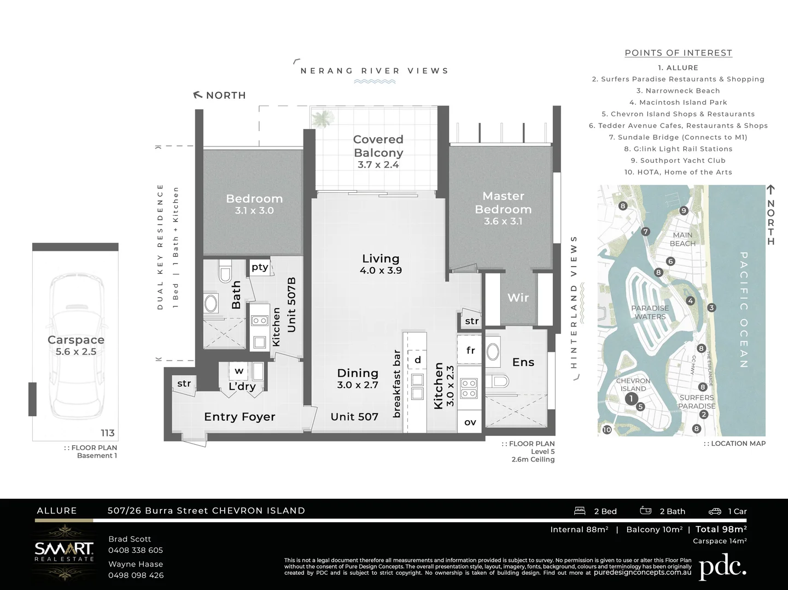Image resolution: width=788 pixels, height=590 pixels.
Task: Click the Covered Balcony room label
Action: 378,146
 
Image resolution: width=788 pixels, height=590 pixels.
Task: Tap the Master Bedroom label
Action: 503,203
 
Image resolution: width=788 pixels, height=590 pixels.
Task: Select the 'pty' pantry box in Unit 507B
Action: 260,267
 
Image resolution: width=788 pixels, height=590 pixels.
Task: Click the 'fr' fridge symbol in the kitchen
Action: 470,350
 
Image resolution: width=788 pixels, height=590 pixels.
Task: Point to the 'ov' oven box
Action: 470,422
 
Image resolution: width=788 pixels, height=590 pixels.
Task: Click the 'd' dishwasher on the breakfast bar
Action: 418,359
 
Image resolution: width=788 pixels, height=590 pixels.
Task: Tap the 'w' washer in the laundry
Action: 239,371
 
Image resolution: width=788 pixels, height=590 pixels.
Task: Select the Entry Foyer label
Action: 240,417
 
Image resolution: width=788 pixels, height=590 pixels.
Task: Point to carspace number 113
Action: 108,433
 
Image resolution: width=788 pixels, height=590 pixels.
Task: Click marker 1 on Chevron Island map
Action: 631,399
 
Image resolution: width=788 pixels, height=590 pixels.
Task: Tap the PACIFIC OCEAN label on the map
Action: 744,309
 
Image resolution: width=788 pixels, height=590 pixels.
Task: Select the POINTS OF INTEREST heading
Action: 678,53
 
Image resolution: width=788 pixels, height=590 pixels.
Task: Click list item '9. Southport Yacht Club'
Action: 678,161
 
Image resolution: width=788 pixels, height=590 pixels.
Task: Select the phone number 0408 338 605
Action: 136,550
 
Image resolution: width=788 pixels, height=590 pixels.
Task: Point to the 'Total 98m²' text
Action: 721,529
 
